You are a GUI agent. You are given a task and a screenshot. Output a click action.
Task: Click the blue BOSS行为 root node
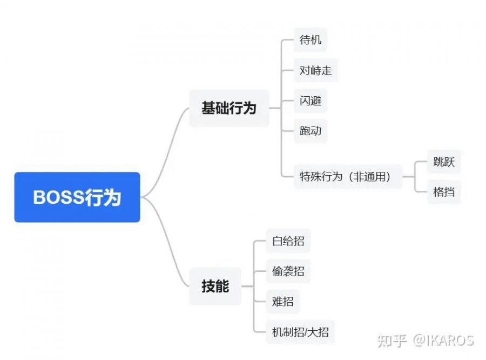point(77,197)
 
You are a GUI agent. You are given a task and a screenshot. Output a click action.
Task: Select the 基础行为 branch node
point(229,108)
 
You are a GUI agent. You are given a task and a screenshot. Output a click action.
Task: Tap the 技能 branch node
point(215,286)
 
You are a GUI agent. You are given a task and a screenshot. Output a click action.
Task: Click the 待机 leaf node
point(310,40)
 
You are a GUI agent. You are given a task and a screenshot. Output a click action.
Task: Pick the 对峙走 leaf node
point(315,70)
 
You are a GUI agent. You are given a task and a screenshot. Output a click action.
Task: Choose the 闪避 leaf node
point(310,101)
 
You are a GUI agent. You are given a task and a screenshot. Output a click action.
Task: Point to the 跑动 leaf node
point(310,131)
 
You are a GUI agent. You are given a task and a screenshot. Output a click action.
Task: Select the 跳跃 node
point(444,161)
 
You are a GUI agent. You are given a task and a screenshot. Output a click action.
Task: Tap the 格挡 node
point(444,191)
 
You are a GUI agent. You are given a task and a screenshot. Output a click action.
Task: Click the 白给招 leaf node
point(288,241)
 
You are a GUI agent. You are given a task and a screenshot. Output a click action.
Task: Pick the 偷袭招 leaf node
point(288,271)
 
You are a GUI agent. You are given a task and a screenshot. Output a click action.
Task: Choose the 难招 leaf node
point(283,301)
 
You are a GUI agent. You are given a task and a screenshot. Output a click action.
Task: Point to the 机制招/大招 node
point(300,331)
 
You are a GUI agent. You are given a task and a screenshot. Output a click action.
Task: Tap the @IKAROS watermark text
point(443,341)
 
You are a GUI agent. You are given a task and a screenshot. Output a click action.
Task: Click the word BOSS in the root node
point(56,197)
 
